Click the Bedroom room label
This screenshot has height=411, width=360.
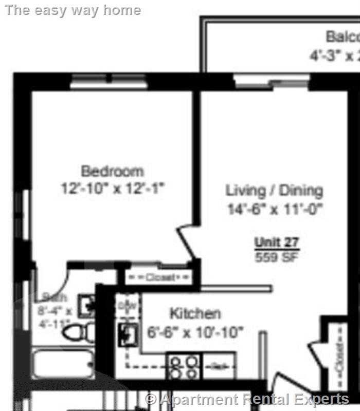(x=112, y=171)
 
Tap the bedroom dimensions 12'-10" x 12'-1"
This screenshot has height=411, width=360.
(x=112, y=189)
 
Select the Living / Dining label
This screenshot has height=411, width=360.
(x=275, y=191)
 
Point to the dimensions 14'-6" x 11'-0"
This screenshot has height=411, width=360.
(x=275, y=210)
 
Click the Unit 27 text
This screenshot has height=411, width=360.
(x=277, y=242)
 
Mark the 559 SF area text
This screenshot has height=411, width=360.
(x=277, y=256)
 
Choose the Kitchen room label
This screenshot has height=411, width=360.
(x=195, y=313)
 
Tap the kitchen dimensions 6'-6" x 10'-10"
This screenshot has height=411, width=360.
(x=195, y=332)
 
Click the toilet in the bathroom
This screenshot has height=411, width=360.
(x=77, y=332)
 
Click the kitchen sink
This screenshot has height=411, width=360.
(x=128, y=334)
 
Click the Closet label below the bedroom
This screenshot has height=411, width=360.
(x=159, y=277)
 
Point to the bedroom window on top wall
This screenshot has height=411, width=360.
(x=109, y=81)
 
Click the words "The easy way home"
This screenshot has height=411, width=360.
(x=73, y=10)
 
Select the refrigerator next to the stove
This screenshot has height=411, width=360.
(x=219, y=367)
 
